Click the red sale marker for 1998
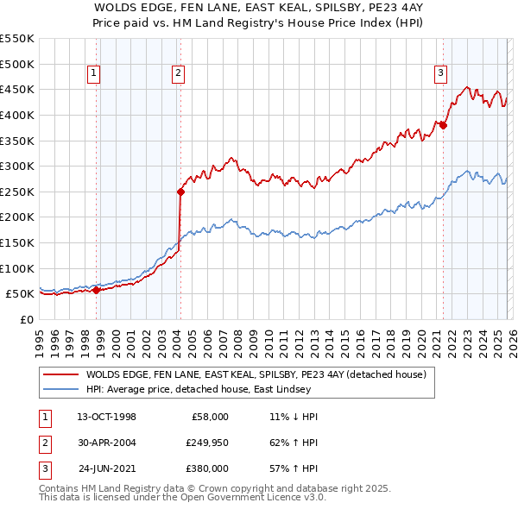tap(96, 290)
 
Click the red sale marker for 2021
tap(444, 125)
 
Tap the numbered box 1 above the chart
tap(92, 74)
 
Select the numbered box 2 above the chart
tap(177, 74)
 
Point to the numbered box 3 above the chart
tap(440, 74)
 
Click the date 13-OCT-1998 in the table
tap(106, 416)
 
